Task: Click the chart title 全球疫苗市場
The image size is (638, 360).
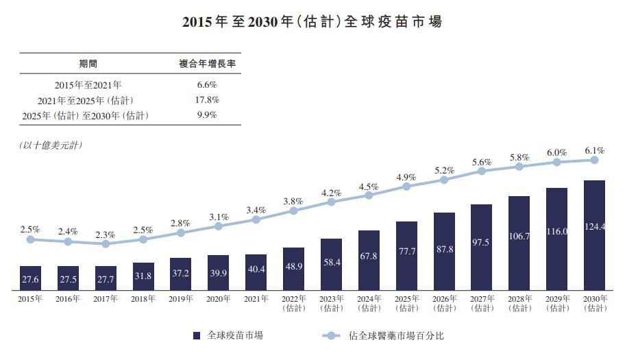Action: (x=312, y=21)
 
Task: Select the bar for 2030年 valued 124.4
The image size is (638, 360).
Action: (x=594, y=233)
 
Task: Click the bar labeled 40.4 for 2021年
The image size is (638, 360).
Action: (x=256, y=270)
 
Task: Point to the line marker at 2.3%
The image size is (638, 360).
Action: (x=106, y=243)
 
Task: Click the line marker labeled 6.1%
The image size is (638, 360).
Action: (x=594, y=160)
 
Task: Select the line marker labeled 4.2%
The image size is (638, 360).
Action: (x=331, y=202)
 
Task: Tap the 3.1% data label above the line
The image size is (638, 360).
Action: (x=219, y=217)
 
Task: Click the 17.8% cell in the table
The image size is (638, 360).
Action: (x=207, y=100)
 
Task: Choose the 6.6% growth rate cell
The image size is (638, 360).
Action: (x=207, y=85)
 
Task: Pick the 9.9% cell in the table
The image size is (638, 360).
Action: (x=207, y=115)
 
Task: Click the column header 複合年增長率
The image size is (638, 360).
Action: (x=207, y=64)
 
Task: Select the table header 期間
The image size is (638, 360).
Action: (x=88, y=64)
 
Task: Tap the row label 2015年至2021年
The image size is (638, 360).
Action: (x=88, y=85)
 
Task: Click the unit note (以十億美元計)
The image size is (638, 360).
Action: (x=51, y=145)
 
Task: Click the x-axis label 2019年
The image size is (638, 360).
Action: (x=180, y=299)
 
